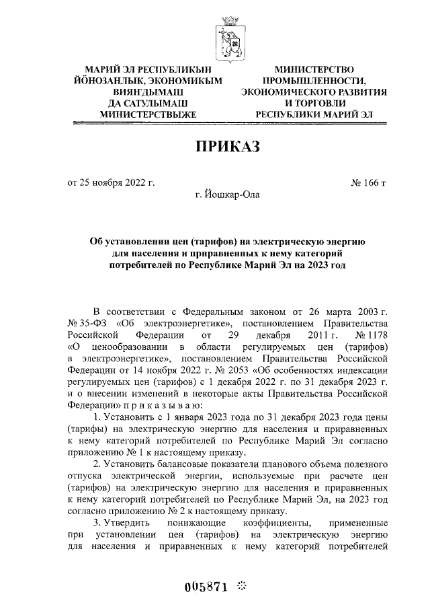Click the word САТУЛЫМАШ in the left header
156,104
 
